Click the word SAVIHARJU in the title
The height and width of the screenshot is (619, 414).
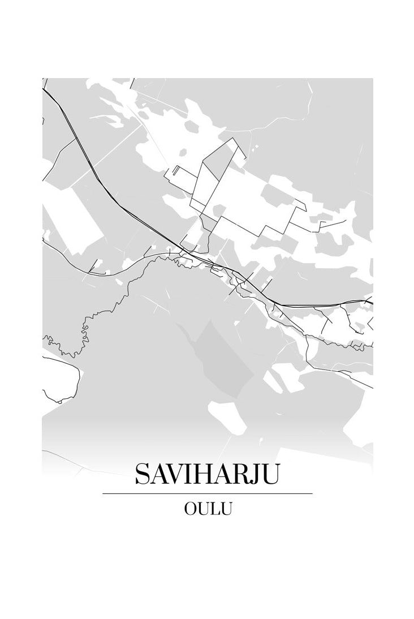207,474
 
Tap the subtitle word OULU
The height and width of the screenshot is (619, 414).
208,509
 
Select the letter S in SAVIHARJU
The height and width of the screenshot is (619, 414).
143,475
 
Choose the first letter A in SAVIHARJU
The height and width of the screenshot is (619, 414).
158,475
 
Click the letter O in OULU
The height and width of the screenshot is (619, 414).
191,509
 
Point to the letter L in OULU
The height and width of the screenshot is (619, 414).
214,509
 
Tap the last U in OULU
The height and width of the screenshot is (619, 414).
226,509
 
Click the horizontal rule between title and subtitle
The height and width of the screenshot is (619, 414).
207,493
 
